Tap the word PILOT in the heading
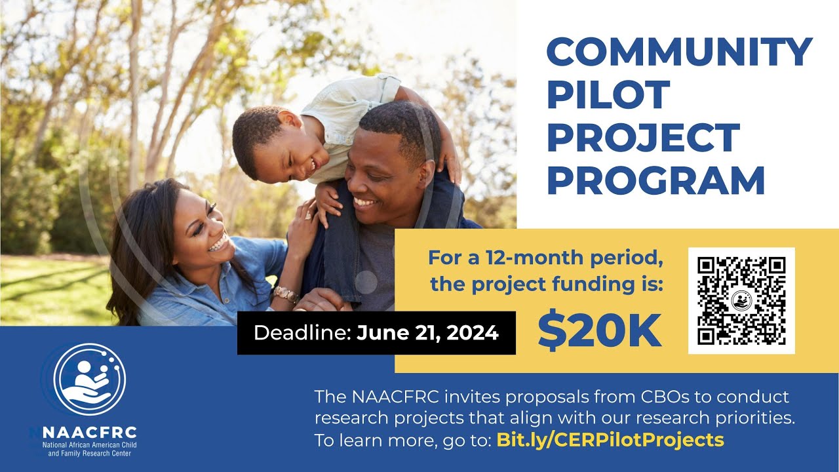click(608, 94)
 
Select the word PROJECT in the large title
click(643, 138)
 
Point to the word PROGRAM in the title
click(655, 181)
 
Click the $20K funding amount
click(600, 332)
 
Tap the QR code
click(741, 301)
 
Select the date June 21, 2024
click(427, 333)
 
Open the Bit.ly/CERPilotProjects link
click(610, 439)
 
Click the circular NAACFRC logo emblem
click(90, 380)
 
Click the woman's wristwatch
click(286, 294)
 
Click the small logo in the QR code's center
click(741, 301)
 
